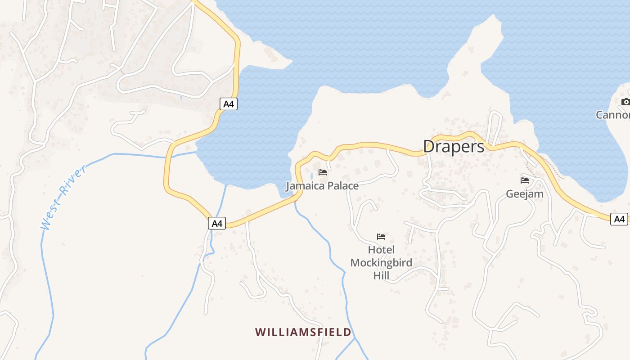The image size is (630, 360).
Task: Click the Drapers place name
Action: tap(454, 146)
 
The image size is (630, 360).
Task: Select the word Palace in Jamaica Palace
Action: tap(343, 186)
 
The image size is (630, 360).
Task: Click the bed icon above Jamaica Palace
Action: tap(322, 172)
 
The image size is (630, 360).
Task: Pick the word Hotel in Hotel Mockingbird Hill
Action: tap(381, 250)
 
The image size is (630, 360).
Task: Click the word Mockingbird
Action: tap(381, 262)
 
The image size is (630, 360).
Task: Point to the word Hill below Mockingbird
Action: tap(381, 275)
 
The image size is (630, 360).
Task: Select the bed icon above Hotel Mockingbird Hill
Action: tap(381, 237)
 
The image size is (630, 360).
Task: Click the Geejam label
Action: tap(525, 194)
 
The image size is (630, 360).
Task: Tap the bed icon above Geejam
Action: tap(525, 180)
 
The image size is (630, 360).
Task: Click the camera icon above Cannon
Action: tap(625, 102)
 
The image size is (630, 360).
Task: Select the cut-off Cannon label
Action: tap(613, 115)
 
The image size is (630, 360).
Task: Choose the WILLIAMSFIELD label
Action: tap(303, 332)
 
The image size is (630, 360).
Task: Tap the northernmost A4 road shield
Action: tap(229, 104)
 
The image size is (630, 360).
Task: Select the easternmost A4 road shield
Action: tap(620, 219)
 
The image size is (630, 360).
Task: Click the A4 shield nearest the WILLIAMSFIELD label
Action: tap(217, 223)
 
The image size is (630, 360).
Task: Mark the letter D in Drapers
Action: tap(429, 146)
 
